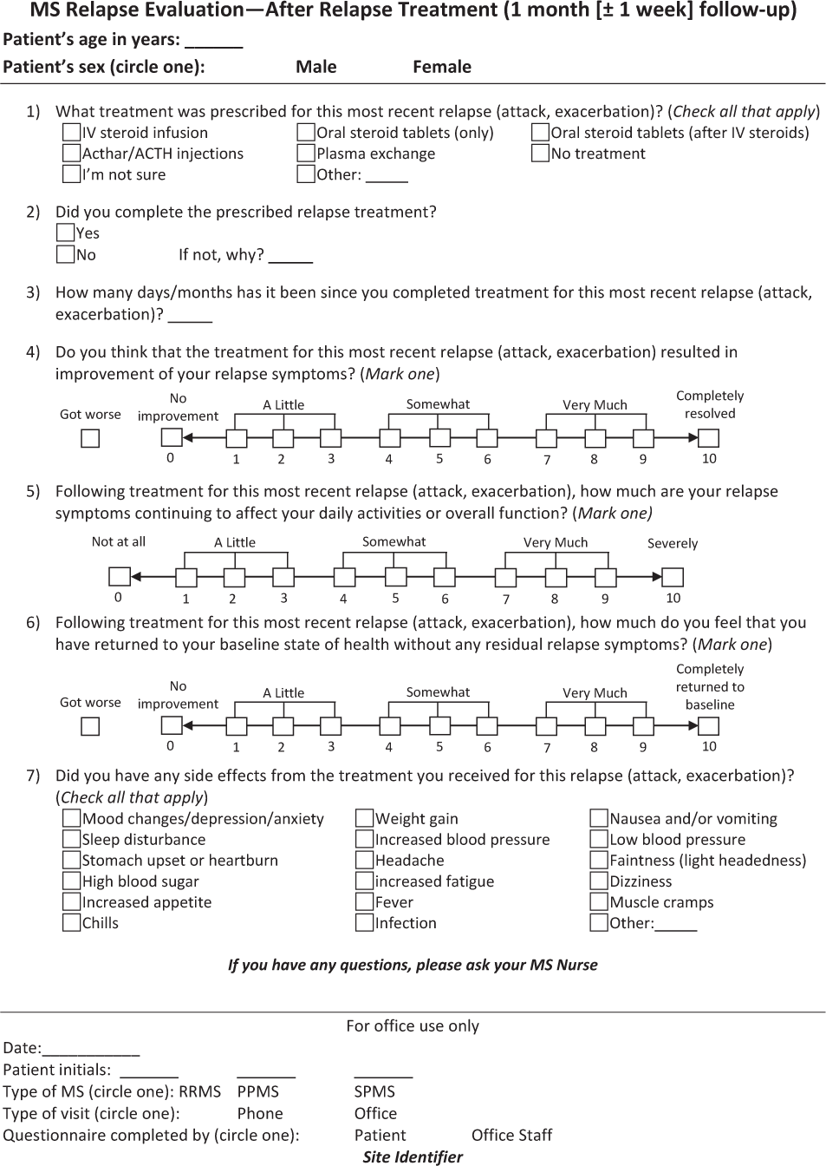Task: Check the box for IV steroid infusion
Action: coord(72,133)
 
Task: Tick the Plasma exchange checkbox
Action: coord(306,154)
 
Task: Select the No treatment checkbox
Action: coord(540,154)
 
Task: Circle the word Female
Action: coord(442,67)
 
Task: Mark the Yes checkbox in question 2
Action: coord(65,233)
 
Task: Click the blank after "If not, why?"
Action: coord(290,257)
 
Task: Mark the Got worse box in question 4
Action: coord(90,439)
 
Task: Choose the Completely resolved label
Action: coord(710,404)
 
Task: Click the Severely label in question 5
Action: coord(673,544)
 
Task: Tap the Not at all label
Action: coord(119,542)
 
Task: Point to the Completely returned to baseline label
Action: coord(710,687)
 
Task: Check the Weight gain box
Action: coord(365,818)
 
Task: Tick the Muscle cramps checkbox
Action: coord(599,902)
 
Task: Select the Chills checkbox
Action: coord(72,923)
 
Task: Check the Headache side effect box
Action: coord(365,861)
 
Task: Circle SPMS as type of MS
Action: coord(374,1091)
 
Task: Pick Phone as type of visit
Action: coord(260,1113)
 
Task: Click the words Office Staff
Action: coord(511,1135)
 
